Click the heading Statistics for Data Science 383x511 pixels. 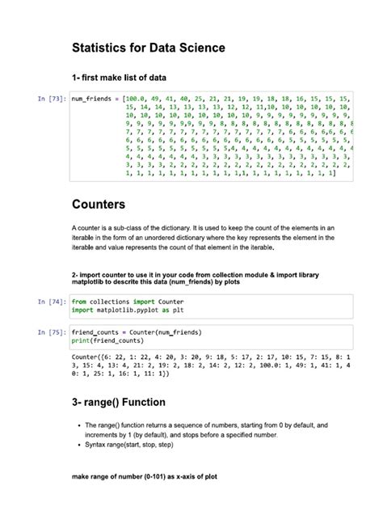pos(148,49)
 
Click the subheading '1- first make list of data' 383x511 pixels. pos(120,78)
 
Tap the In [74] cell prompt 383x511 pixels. pos(52,301)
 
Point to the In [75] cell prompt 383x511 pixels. pos(52,332)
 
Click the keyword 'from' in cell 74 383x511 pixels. pos(80,301)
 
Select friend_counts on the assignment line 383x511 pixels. pos(97,332)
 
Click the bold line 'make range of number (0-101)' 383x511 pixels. pos(144,478)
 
